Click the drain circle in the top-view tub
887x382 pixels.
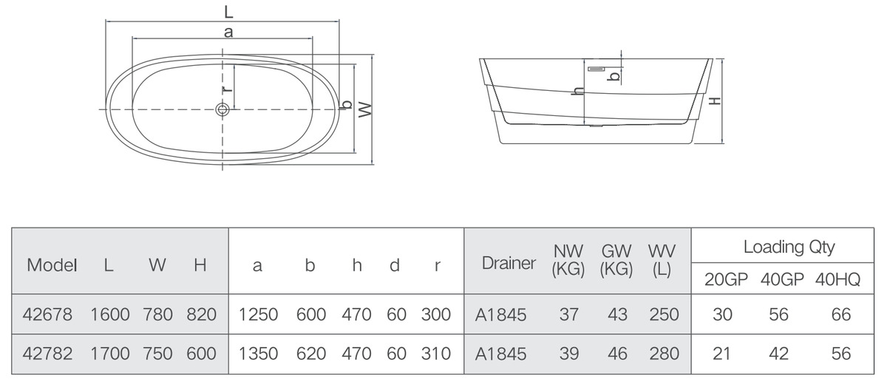[222, 109]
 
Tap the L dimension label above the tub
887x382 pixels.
[228, 12]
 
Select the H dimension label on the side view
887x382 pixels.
[714, 101]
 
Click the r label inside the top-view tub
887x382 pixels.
[228, 89]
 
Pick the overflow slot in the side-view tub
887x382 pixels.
[596, 69]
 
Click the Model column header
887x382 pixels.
[52, 265]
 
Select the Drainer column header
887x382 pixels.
[509, 263]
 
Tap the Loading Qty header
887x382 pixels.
[789, 247]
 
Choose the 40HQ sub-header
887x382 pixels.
[837, 279]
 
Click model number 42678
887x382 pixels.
[47, 315]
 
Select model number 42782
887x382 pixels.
[47, 353]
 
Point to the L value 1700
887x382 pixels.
[110, 353]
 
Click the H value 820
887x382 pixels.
[202, 315]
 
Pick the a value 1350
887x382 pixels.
[258, 353]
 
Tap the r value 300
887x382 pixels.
[436, 315]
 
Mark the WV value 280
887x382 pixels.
[664, 353]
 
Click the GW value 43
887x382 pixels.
[617, 315]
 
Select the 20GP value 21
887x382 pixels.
[721, 353]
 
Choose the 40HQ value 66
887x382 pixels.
[840, 315]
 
